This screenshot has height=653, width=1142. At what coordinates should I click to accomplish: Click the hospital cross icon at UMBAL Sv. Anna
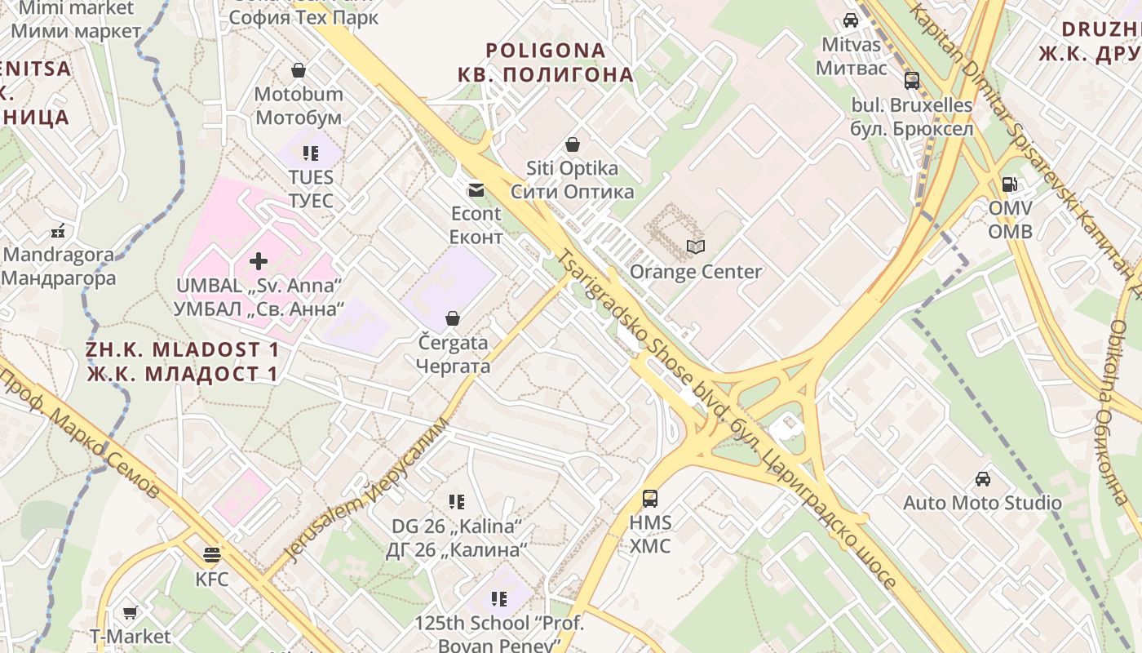click(x=259, y=261)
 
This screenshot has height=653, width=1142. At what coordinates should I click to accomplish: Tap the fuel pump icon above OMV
click(x=1010, y=184)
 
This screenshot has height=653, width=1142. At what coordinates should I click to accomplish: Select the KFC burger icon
click(x=212, y=555)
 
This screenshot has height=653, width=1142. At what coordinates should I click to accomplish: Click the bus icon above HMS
click(x=650, y=498)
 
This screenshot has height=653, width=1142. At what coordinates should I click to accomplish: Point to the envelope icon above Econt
click(x=476, y=190)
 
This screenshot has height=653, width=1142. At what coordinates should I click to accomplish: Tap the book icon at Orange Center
click(x=695, y=247)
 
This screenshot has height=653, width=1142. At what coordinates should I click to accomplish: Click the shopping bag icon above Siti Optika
click(x=573, y=144)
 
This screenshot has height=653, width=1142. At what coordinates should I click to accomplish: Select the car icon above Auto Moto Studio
click(x=983, y=479)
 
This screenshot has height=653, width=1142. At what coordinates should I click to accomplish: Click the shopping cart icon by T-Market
click(x=130, y=612)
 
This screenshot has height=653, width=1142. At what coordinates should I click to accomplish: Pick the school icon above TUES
click(x=311, y=153)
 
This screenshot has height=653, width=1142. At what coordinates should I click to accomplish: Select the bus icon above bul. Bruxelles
click(x=912, y=81)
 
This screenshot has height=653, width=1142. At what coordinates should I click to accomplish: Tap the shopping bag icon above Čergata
click(x=453, y=318)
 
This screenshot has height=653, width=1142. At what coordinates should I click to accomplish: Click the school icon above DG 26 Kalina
click(x=457, y=502)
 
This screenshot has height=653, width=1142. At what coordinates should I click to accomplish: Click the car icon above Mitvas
click(x=851, y=20)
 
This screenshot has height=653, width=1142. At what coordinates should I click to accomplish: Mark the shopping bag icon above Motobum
click(x=299, y=70)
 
